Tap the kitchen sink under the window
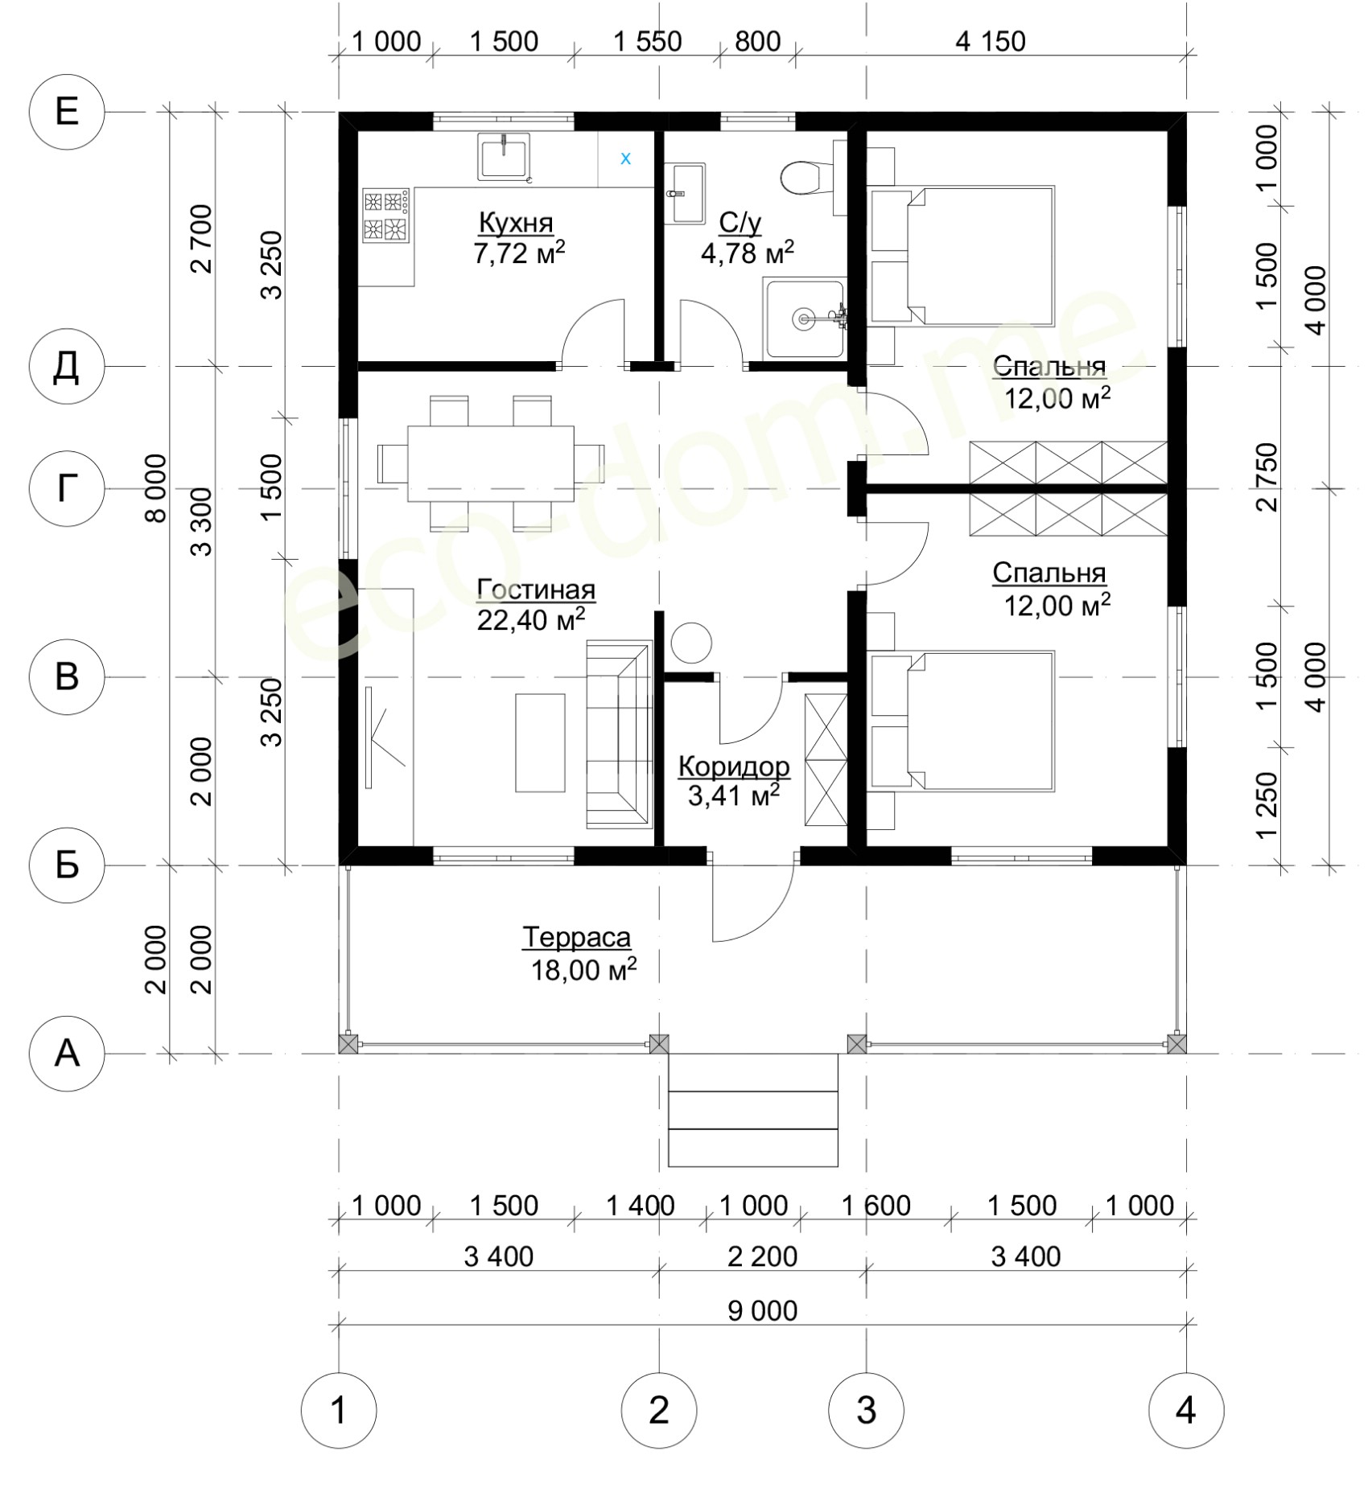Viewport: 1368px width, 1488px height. coord(504,157)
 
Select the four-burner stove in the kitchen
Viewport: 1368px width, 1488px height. coord(386,216)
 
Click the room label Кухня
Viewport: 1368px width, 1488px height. coord(516,221)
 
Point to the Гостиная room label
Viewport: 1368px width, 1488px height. coord(536,590)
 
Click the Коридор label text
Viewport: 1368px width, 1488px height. coord(734,767)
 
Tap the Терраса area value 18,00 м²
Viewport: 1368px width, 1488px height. coord(583,969)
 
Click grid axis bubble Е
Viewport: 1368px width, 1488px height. coord(67,112)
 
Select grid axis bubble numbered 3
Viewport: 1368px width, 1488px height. coord(866,1410)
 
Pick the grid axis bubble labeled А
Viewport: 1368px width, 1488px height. coord(67,1053)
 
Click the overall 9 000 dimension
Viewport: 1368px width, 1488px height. coord(762,1310)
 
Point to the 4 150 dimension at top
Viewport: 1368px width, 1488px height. coord(991,41)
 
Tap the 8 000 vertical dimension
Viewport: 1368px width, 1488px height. coord(156,488)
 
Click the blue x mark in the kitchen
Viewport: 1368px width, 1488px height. coord(625,159)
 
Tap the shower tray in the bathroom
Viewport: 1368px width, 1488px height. coord(804,319)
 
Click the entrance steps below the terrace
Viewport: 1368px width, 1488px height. coord(753,1111)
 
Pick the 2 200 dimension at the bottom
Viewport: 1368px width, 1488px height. coord(762,1256)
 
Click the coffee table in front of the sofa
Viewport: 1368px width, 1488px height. coord(539,742)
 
